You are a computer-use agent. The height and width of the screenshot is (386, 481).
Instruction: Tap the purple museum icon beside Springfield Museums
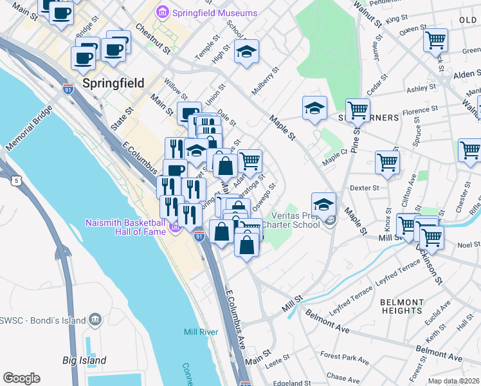click(x=161, y=13)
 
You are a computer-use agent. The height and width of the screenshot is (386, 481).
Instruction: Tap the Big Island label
click(x=84, y=360)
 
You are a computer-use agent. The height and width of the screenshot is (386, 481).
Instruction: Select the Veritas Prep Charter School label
click(x=295, y=220)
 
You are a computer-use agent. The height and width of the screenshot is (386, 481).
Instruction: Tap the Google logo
click(x=21, y=378)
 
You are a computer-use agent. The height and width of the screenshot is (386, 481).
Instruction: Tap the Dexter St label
click(x=365, y=188)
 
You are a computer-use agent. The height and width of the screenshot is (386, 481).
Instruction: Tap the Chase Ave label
click(x=339, y=376)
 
